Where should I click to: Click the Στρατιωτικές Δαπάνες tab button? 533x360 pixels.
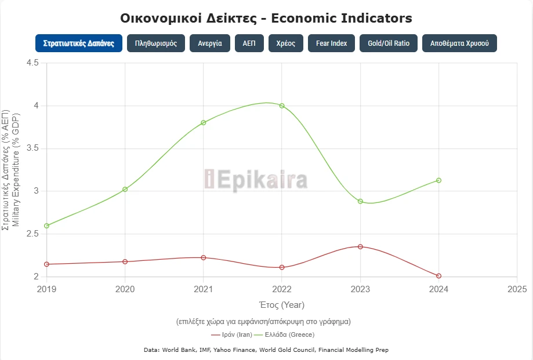(x=78, y=43)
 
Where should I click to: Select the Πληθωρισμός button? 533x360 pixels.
(x=156, y=43)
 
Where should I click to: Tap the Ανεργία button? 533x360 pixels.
(x=210, y=43)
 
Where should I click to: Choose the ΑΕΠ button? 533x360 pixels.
(x=249, y=43)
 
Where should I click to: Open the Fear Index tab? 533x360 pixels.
(x=331, y=43)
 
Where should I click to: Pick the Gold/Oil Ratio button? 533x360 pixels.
(x=389, y=43)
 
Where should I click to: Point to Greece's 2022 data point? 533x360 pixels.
(x=282, y=106)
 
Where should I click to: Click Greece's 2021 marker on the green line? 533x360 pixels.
(x=204, y=122)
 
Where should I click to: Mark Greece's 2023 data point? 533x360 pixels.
(x=360, y=201)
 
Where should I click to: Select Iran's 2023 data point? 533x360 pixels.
(x=360, y=246)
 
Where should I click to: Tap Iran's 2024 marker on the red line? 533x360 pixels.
(x=438, y=276)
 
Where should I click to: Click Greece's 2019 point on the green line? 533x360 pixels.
(x=46, y=226)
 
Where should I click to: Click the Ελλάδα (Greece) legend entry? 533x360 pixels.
(x=289, y=334)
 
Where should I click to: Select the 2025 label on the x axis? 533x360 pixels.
(x=516, y=289)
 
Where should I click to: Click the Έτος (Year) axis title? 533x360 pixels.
(x=281, y=305)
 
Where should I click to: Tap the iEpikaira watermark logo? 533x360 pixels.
(x=256, y=179)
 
